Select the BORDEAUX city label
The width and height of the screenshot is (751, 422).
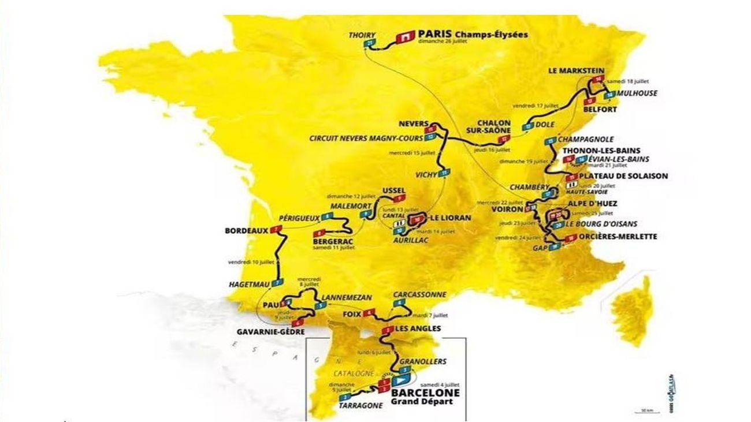tap(247, 231)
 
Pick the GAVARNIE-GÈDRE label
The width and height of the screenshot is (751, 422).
tap(271, 332)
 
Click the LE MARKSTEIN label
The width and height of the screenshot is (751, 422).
tap(578, 70)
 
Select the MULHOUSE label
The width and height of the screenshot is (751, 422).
tap(636, 94)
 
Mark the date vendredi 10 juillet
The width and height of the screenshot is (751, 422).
tap(250, 262)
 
